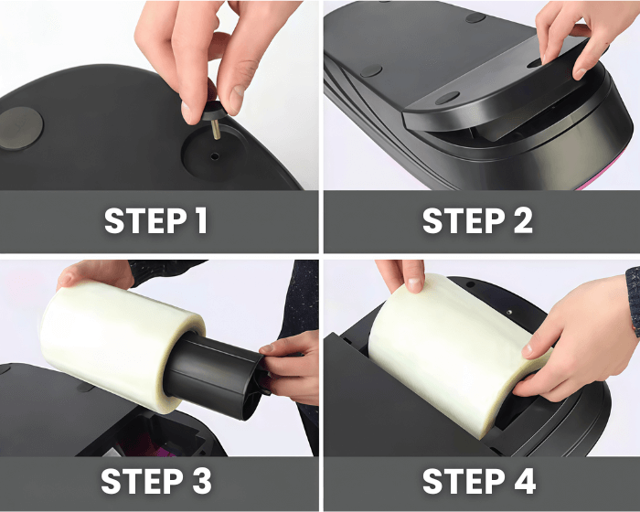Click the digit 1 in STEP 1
[x=200, y=221]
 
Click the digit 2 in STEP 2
[x=523, y=221]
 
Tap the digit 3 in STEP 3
[x=202, y=481]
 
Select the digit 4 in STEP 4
[x=525, y=481]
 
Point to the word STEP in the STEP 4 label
[x=464, y=481]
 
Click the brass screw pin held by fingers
[x=215, y=129]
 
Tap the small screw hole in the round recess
[x=215, y=156]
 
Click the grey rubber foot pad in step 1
[x=20, y=128]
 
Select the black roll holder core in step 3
[x=214, y=373]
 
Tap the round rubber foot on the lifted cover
[x=447, y=98]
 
